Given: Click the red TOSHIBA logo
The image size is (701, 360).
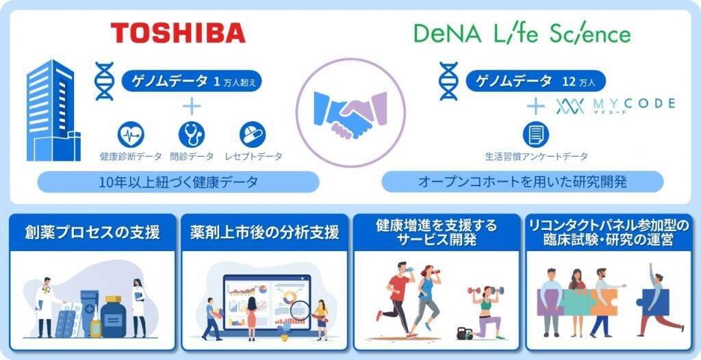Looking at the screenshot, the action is click(178, 33).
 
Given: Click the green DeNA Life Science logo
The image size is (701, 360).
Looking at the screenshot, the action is click(522, 33).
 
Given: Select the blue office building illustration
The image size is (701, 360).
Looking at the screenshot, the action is click(53, 110).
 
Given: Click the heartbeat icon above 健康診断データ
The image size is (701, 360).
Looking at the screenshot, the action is click(131, 135).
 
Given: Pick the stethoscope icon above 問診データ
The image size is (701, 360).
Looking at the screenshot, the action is click(192, 135).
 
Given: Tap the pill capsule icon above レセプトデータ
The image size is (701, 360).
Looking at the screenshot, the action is click(252, 135).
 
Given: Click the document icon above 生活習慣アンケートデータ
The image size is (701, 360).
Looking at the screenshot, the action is click(535, 135).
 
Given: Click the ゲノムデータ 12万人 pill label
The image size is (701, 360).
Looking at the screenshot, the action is click(536, 81).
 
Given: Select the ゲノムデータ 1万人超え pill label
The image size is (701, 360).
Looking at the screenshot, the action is click(192, 81).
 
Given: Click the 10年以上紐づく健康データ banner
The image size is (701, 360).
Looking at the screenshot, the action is click(178, 182).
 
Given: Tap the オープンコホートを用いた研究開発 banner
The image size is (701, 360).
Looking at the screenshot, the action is click(522, 182).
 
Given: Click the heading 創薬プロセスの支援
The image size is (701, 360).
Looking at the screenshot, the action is click(92, 233).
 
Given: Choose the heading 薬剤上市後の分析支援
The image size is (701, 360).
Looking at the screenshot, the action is click(265, 233).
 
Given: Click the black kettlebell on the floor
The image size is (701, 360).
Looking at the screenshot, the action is click(464, 333).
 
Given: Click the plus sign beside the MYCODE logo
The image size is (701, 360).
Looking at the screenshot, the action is click(535, 107).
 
